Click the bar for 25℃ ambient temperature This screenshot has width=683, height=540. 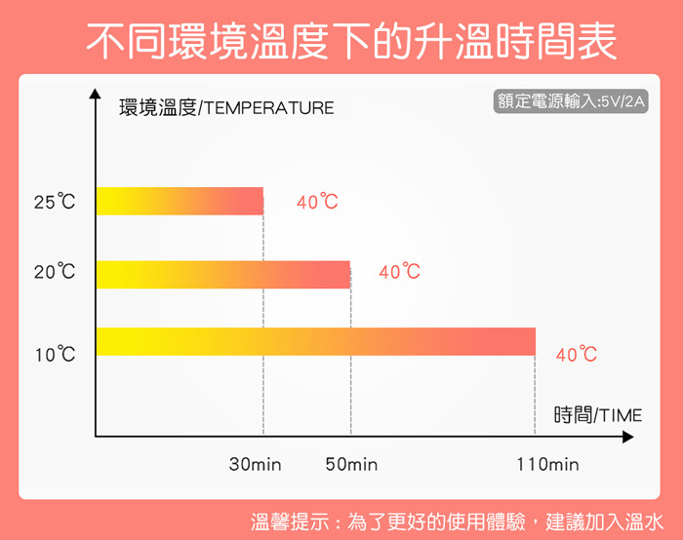[180, 201]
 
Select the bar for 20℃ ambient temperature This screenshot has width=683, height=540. [223, 275]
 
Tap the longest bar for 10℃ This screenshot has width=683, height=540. [316, 341]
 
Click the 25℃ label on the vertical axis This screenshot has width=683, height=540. [55, 202]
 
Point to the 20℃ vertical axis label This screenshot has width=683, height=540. [55, 272]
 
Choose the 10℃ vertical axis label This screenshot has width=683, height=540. [56, 354]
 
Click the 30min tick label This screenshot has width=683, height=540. [256, 464]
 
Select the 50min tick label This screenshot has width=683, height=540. [351, 464]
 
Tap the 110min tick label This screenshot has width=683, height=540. [548, 464]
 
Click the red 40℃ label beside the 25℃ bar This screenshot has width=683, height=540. [317, 202]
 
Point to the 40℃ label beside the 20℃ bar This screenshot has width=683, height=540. [399, 272]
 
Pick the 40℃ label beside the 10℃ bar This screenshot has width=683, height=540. [577, 354]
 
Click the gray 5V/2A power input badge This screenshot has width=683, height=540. [571, 101]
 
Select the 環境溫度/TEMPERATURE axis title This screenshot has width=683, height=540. [226, 107]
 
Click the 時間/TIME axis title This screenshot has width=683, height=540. [597, 414]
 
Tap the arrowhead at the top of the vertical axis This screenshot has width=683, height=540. [95, 94]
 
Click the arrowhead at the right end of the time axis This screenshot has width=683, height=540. [628, 437]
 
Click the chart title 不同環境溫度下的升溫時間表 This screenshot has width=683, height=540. [351, 41]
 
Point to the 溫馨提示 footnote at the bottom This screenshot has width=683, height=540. [457, 521]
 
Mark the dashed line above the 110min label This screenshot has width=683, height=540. [535, 395]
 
